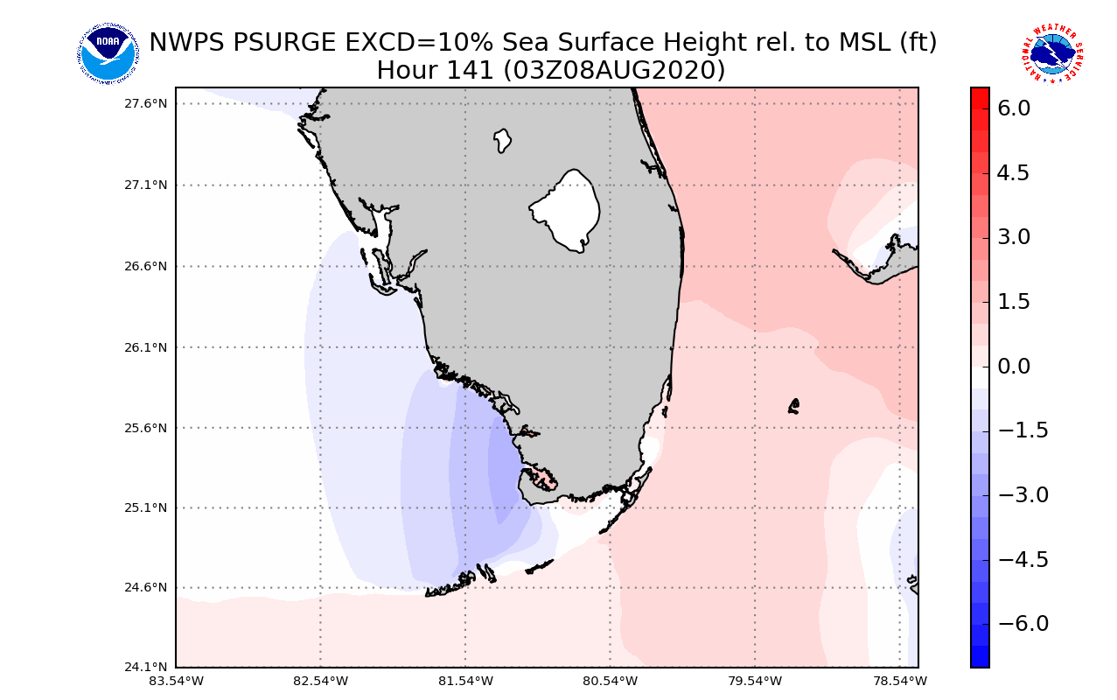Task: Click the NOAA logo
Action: pyautogui.click(x=108, y=54)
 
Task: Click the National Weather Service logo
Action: pyautogui.click(x=1052, y=54)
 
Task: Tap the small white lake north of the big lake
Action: pyautogui.click(x=502, y=140)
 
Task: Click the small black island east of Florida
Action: pyautogui.click(x=793, y=406)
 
